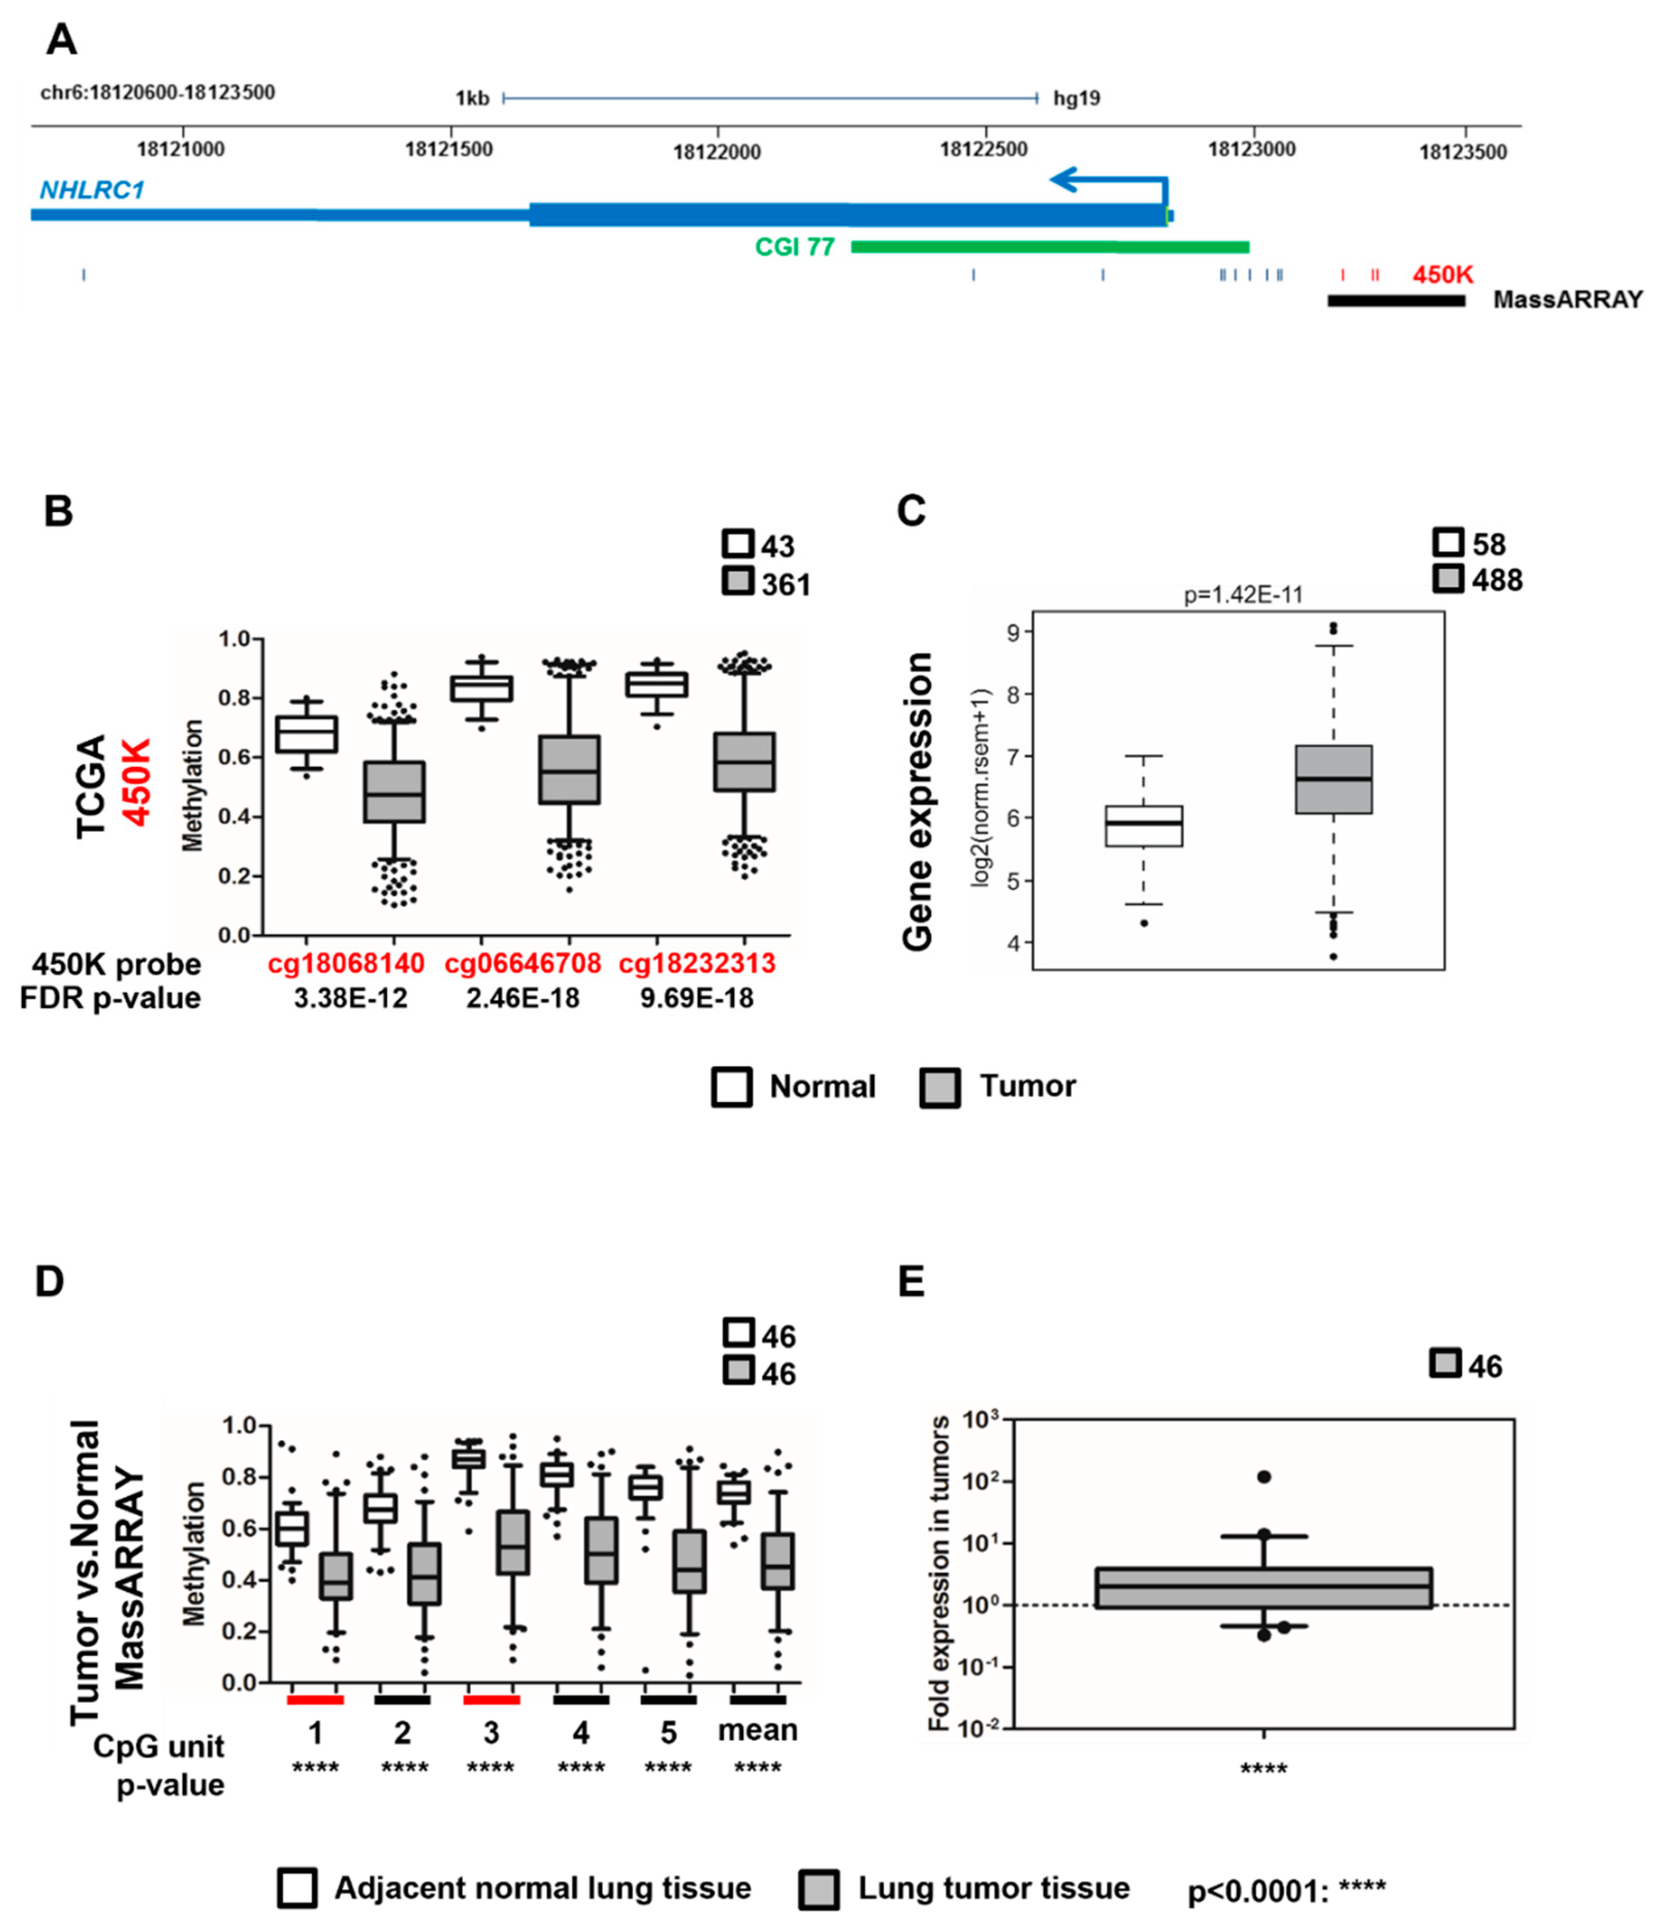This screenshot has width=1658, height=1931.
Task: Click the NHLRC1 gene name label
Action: (x=91, y=190)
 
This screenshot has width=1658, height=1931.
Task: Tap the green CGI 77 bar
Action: (x=1049, y=247)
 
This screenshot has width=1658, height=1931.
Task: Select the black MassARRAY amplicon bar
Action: (x=1395, y=300)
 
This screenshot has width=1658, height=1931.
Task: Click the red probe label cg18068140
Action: (x=346, y=963)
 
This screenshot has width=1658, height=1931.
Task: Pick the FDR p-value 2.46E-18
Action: (x=522, y=998)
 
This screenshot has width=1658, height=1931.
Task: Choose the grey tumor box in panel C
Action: (x=1333, y=779)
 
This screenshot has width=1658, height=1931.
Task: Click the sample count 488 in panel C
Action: (x=1497, y=580)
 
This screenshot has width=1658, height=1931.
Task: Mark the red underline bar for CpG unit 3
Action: (x=491, y=1699)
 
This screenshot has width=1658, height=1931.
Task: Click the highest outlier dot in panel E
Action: (x=1264, y=1477)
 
